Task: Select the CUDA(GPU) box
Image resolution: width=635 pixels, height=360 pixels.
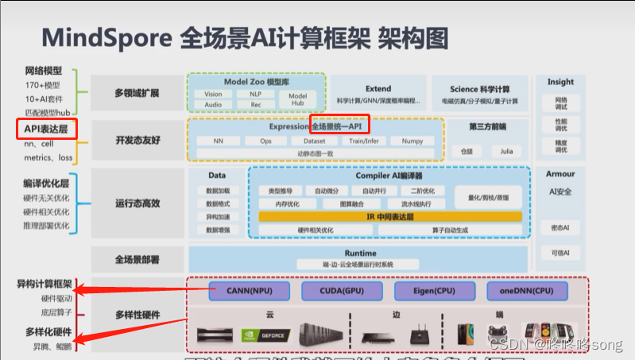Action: click(x=331, y=291)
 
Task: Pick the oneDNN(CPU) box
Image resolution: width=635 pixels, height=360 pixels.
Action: click(x=520, y=291)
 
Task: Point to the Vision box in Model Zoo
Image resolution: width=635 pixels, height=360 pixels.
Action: click(x=213, y=94)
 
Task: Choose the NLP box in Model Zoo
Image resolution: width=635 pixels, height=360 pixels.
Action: click(x=256, y=94)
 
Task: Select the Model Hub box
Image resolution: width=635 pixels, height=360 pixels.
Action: click(x=297, y=99)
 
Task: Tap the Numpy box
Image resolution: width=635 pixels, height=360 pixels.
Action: click(x=412, y=141)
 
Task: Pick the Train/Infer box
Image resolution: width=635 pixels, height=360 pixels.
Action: click(x=363, y=141)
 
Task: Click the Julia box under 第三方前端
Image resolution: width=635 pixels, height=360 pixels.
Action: click(x=506, y=150)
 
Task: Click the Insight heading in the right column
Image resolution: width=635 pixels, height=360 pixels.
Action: click(x=560, y=82)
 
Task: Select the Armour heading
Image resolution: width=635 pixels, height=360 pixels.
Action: click(x=560, y=173)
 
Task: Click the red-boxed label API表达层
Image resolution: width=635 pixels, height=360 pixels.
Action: click(x=46, y=128)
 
